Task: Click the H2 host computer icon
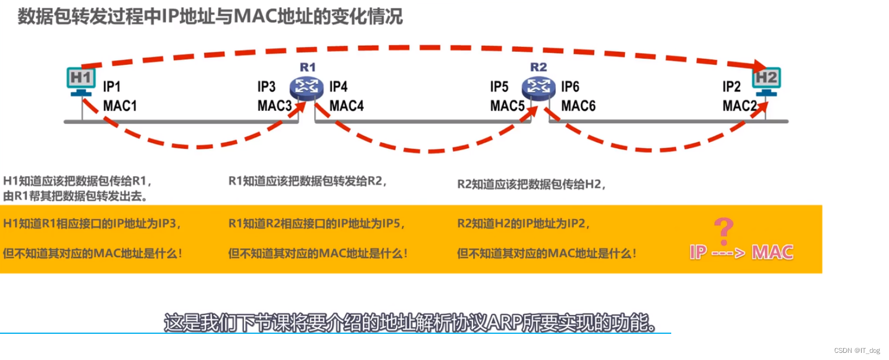coord(765,79)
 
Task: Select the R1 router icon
coord(306,87)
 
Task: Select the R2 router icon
coord(538,87)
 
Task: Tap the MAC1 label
coord(120,106)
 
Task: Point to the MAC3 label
coord(274,106)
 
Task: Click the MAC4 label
coord(346,106)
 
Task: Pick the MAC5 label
coord(507,106)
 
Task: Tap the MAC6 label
coord(578,106)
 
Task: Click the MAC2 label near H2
coord(740,106)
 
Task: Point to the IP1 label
coord(112,87)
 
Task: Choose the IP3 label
coord(266,87)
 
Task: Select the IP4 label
coord(338,87)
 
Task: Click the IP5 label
coord(499,87)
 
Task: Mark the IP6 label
coord(570,87)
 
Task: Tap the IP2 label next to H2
coord(731,87)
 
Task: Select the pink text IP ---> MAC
coord(741,252)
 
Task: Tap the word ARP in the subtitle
coord(505,323)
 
